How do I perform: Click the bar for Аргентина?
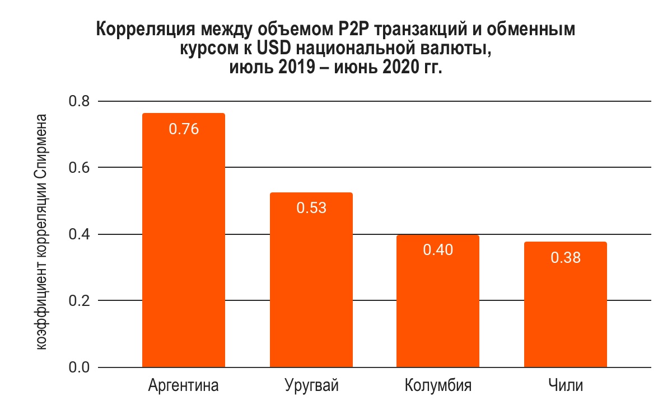click(184, 240)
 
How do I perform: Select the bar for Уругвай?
click(311, 280)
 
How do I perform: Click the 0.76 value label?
click(184, 129)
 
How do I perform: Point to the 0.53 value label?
click(311, 208)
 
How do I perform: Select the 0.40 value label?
click(438, 250)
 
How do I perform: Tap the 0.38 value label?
click(566, 257)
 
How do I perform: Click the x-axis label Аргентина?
click(184, 386)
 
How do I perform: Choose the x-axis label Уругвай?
click(311, 386)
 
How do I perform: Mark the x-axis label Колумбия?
click(438, 386)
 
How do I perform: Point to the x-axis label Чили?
click(566, 386)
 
